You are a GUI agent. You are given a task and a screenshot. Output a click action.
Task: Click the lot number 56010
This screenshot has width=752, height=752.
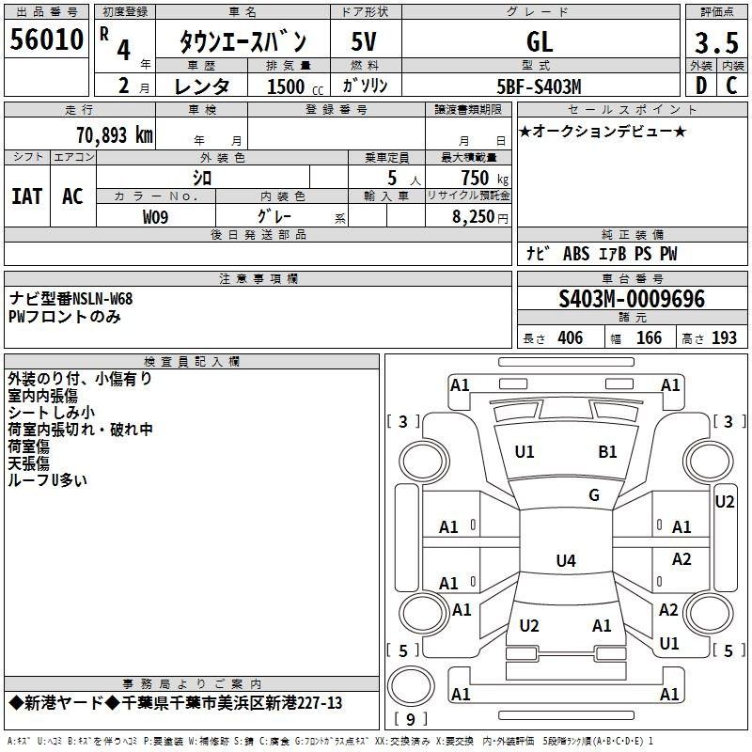pos(46,39)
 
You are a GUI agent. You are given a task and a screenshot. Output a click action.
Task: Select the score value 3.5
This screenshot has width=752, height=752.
pos(716,43)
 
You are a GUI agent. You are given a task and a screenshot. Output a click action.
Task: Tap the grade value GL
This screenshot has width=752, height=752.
pos(540,41)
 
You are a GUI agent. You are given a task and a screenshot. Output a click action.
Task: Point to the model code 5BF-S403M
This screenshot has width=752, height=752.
pos(539,86)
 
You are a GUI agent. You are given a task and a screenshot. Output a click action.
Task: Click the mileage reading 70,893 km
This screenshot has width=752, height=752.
pos(115,135)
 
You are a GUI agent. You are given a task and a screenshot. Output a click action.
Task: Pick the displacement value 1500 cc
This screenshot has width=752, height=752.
pos(295,86)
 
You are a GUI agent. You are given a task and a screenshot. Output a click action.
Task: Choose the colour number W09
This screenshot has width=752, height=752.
pos(155,217)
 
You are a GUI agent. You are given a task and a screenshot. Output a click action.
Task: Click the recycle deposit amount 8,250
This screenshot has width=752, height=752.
pos(474,217)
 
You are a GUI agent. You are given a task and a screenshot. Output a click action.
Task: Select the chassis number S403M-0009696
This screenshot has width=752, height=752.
pos(632,299)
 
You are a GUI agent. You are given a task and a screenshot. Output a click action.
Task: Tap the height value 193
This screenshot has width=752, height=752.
pos(724,338)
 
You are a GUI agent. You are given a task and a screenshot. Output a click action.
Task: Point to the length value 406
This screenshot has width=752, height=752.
pos(571,338)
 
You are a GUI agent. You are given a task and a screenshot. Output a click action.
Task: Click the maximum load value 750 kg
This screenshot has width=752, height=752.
pos(484,178)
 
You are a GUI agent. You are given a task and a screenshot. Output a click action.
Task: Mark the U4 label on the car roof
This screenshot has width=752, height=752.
pos(566,560)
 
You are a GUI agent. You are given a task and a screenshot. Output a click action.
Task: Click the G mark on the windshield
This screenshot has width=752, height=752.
pos(594,495)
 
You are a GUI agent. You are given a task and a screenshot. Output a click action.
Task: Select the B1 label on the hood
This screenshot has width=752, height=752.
pos(607,452)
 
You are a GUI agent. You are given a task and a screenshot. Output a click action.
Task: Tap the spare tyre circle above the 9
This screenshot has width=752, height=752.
pos(411,686)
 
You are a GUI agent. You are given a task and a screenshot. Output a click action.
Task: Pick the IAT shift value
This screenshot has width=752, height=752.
pos(27,196)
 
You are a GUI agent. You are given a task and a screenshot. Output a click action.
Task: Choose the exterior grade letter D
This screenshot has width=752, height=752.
pos(701,86)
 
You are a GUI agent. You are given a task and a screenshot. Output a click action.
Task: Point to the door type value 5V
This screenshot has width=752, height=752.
pos(364,41)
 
